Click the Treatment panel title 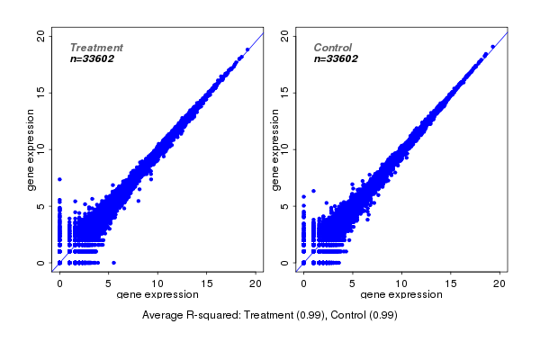(96, 48)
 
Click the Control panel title (333, 48)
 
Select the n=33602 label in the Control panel (337, 59)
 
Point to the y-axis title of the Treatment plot (31, 150)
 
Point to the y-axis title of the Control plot (276, 150)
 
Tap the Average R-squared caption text (270, 316)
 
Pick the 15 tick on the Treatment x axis (206, 283)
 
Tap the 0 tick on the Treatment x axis (59, 283)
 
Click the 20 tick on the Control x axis (499, 283)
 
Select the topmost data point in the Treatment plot (247, 49)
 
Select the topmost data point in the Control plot (492, 47)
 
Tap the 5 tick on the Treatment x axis (109, 283)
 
